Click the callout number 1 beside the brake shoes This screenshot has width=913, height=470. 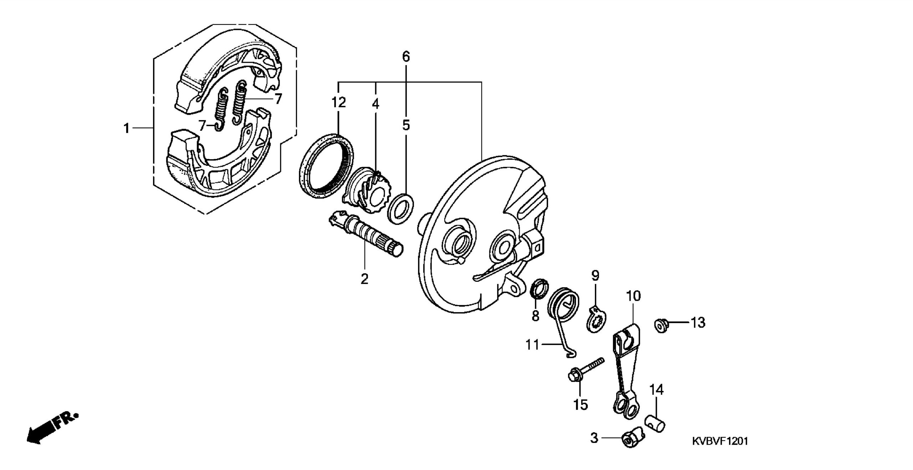[126, 128]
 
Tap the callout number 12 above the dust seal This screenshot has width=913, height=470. [339, 103]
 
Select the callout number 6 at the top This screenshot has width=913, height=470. [406, 57]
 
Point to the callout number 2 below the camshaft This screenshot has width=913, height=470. [364, 279]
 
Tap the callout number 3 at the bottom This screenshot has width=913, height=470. [594, 438]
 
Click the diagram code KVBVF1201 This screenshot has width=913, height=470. [720, 441]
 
